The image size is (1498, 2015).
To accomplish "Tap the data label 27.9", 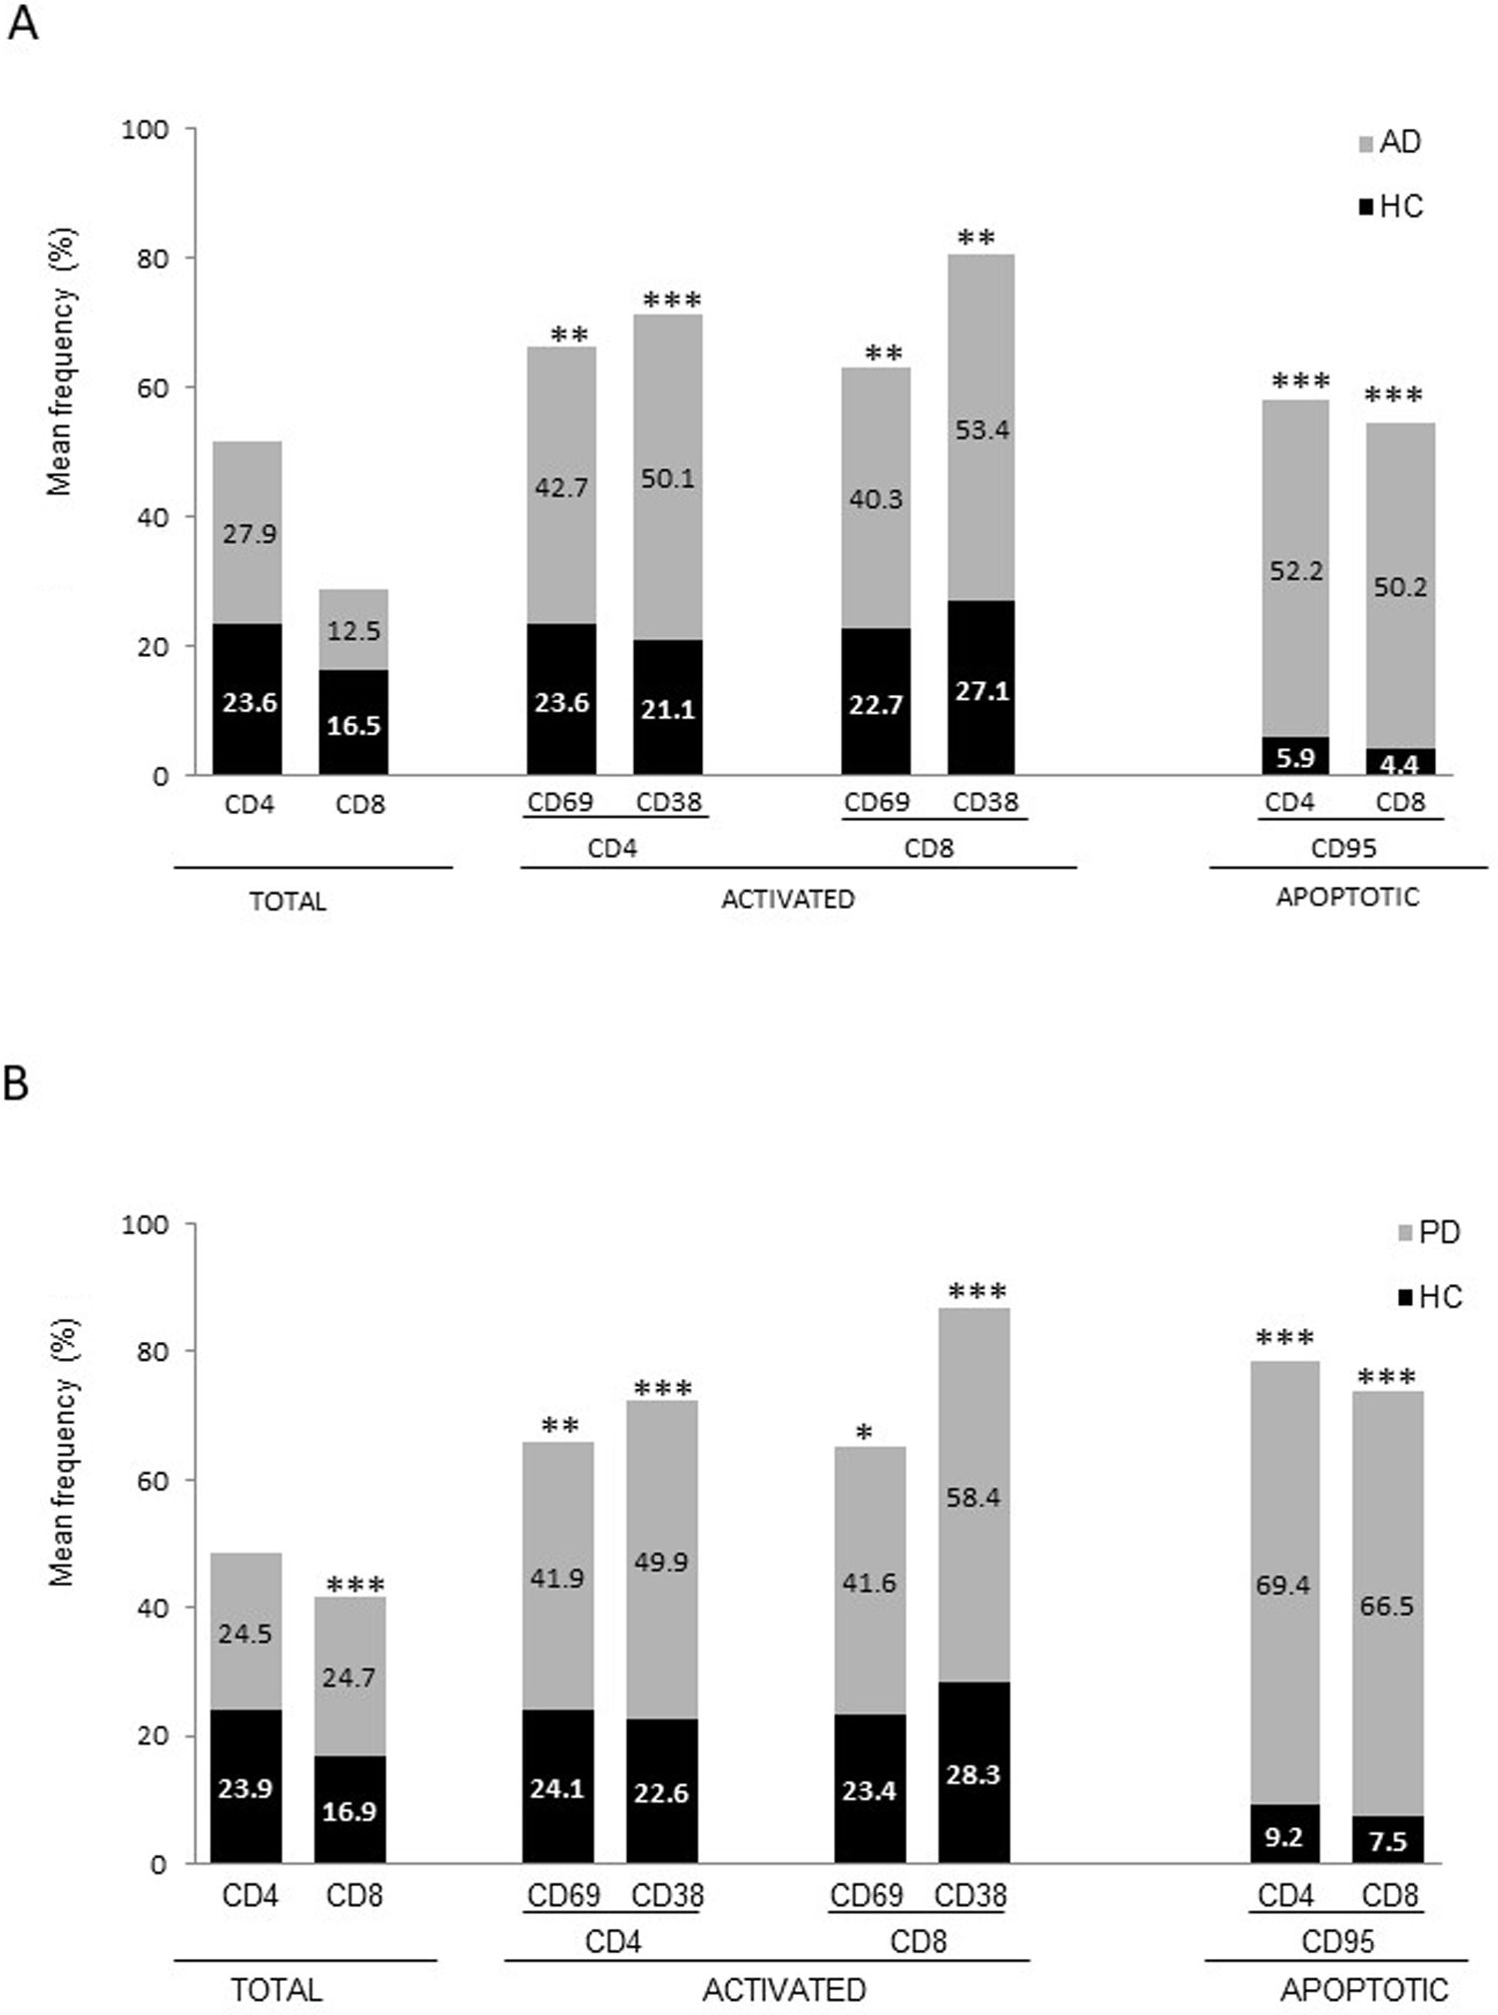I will point(249,534).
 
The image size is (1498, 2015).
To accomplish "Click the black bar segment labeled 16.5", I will point(354,724).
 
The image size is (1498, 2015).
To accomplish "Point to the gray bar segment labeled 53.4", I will point(982,430).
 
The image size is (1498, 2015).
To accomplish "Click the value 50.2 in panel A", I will point(1399,587).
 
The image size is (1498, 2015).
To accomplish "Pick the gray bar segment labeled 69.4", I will point(1283,1585).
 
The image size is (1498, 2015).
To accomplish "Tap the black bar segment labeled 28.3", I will point(973,1774).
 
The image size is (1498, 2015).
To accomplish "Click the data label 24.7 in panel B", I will point(349,1678).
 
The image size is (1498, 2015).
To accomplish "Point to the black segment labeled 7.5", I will point(1387,1840).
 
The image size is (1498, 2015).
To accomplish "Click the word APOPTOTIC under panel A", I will point(1347,897).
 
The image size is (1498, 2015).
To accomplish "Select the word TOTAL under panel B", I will point(277,1990).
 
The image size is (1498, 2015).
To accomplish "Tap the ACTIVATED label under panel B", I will point(784,1990).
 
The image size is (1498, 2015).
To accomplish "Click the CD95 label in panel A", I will point(1343,849).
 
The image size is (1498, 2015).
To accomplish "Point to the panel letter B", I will point(16,1084).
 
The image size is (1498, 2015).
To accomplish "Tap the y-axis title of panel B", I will point(62,1453).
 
